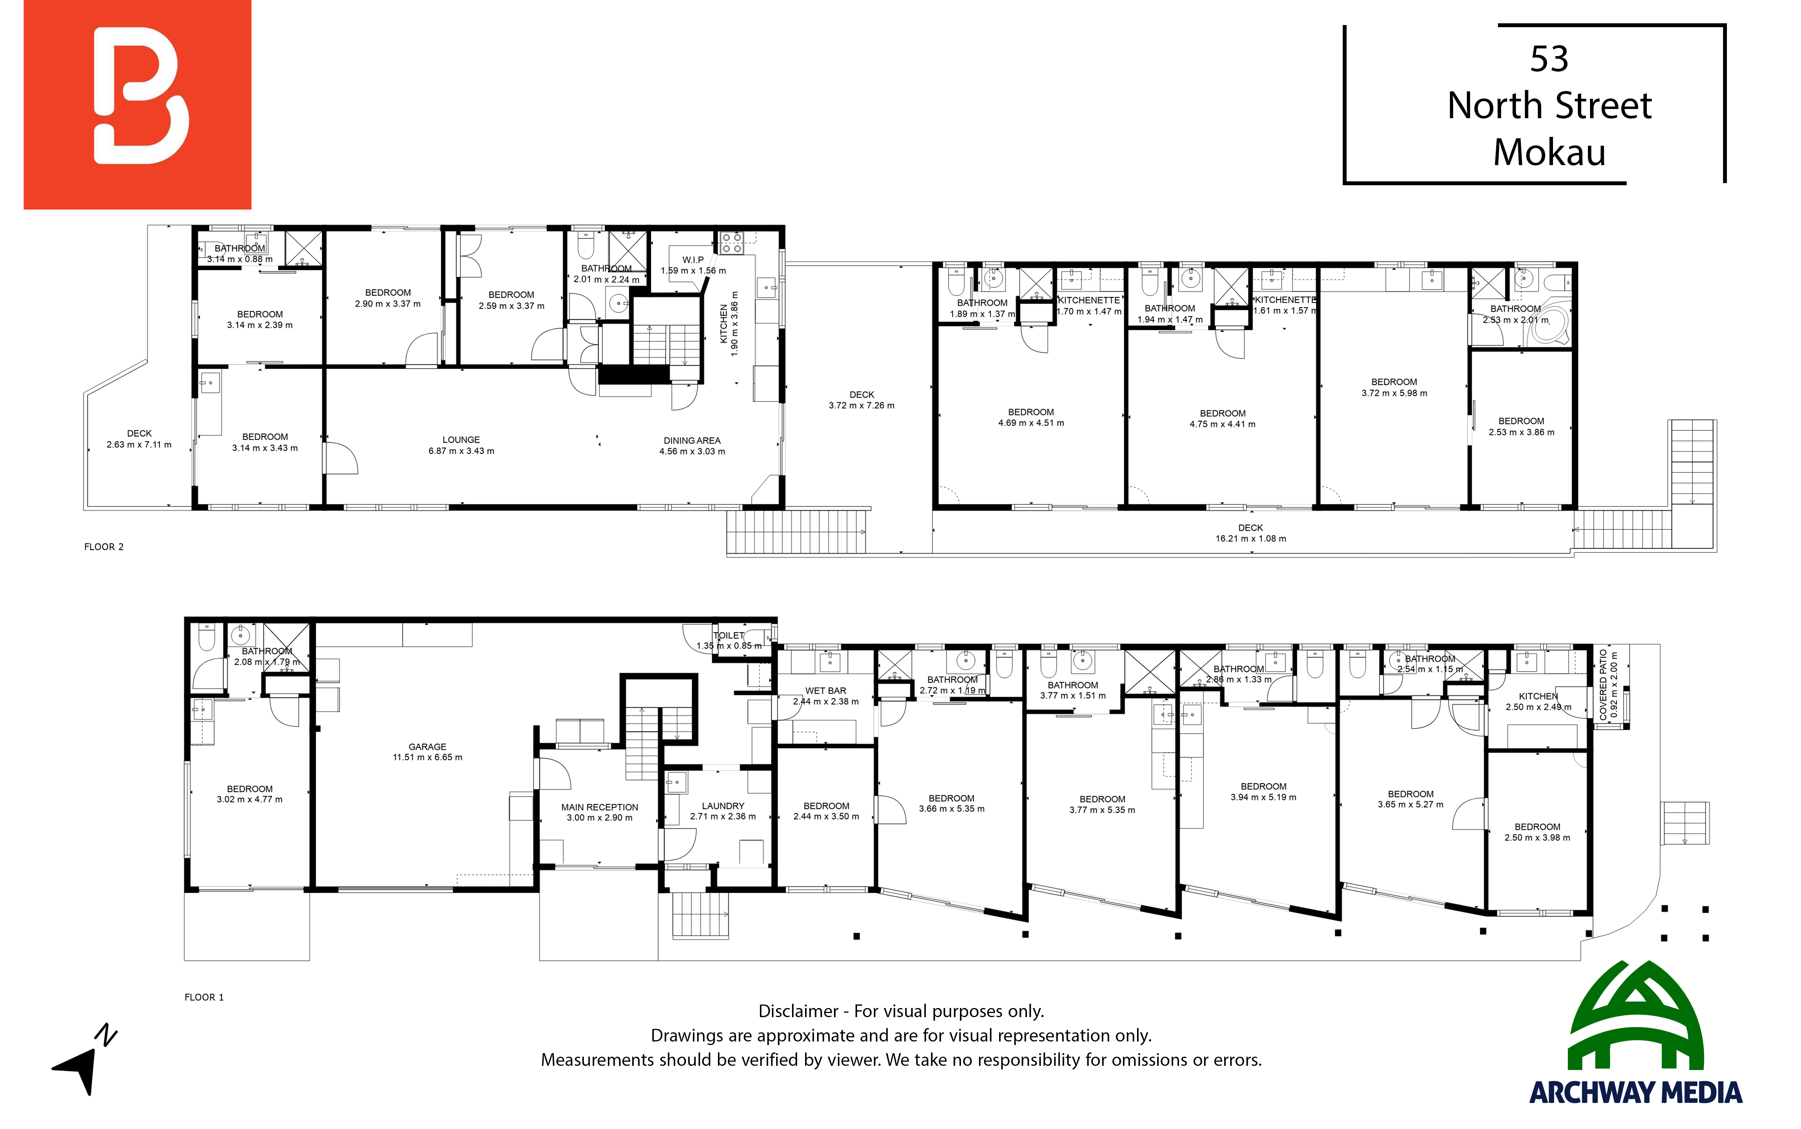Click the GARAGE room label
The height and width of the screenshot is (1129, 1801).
427,747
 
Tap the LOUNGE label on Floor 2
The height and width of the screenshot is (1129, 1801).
461,440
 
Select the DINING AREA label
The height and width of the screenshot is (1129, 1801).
692,441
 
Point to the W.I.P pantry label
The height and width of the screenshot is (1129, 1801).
693,260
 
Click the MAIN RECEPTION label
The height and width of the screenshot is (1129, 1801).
600,807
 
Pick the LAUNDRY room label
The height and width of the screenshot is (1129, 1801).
723,806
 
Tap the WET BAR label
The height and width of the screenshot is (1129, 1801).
826,691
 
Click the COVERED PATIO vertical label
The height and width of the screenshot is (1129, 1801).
1603,685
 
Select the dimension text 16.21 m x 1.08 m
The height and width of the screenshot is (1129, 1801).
1251,538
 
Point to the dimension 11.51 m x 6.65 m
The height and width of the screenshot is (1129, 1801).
427,757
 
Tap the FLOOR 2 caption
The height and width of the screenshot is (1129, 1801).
104,547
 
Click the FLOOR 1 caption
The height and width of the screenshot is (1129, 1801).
204,997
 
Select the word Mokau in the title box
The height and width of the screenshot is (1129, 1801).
1549,152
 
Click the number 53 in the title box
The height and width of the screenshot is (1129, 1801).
1549,59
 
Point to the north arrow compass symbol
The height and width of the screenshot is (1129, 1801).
84,1060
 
